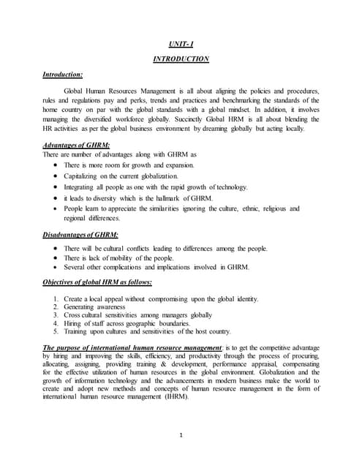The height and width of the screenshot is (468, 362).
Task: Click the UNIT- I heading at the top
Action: coord(181,44)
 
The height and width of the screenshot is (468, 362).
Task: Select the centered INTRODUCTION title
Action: coord(181,59)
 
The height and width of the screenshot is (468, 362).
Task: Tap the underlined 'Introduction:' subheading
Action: coord(62,75)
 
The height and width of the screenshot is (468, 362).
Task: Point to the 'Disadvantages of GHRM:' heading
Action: coord(80,235)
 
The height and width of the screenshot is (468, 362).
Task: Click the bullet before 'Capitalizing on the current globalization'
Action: coord(56,176)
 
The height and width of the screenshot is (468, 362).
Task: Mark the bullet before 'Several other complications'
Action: coord(56,268)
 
